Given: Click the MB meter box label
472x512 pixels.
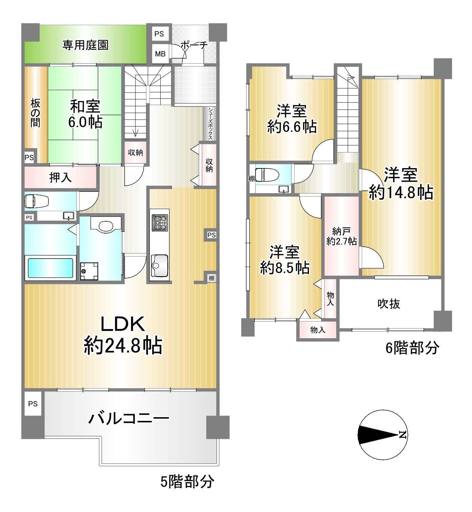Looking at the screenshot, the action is (160, 54).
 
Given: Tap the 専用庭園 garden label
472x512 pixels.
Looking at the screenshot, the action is (85, 45).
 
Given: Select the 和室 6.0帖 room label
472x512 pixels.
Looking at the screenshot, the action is (85, 114).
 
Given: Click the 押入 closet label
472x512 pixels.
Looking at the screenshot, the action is (60, 177).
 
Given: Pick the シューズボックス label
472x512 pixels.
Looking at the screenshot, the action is (210, 123).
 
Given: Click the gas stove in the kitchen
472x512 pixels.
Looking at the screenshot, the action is (160, 223).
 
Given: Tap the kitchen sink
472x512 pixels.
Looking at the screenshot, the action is (160, 266).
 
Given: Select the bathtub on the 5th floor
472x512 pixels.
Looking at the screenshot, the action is (50, 268).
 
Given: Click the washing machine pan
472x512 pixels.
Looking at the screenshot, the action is (89, 271).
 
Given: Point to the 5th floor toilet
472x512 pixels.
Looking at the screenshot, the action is (37, 201).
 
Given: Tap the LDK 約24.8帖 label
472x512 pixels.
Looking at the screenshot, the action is (123, 335).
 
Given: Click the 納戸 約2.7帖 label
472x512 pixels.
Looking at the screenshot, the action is (342, 237).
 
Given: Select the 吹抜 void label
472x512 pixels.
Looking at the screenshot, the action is (389, 304).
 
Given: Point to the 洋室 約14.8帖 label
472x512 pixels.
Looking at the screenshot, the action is (401, 183).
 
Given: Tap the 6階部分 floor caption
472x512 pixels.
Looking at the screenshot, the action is (412, 348).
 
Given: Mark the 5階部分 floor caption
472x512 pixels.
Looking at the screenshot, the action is (187, 481).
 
